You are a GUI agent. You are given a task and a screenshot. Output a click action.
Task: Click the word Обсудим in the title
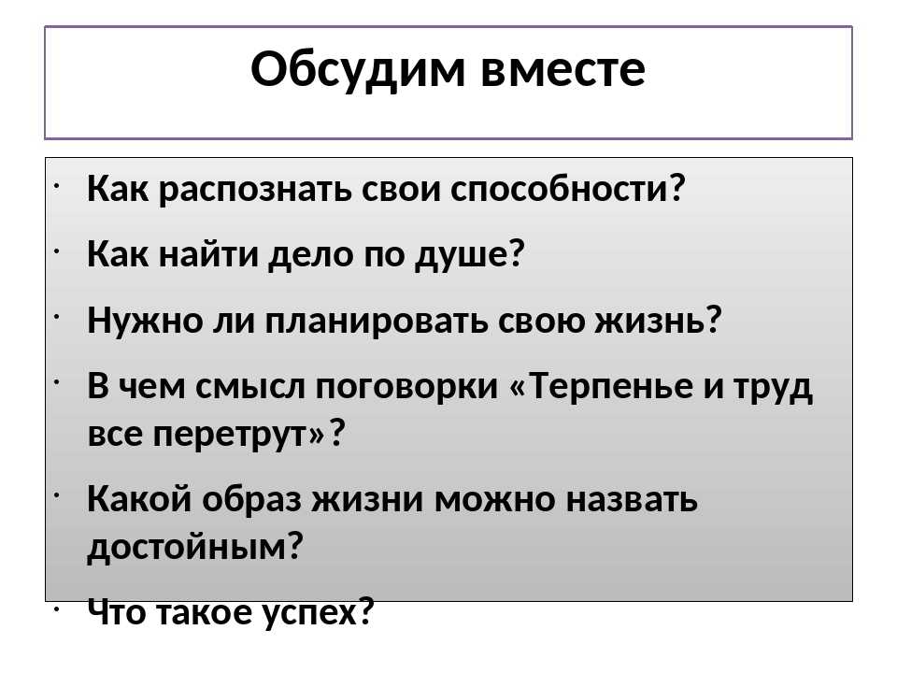[x=358, y=70]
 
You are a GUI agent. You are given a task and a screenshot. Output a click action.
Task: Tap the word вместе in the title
[x=562, y=70]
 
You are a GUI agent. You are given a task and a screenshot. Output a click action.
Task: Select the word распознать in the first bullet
[x=254, y=190]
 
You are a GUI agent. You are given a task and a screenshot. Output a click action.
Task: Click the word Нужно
[x=146, y=320]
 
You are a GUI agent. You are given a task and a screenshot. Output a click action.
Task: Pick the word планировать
[x=376, y=321]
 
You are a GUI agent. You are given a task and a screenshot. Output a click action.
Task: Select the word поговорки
[x=406, y=386]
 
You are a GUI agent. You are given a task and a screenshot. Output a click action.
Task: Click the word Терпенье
[x=610, y=386]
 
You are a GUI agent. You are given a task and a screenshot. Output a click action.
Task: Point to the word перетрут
[x=230, y=435]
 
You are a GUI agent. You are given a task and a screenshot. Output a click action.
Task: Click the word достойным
[x=187, y=547]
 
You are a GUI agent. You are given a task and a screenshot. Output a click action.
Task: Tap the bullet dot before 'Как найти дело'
[x=57, y=251]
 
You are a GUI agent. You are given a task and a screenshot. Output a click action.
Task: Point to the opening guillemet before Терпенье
[x=517, y=387]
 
